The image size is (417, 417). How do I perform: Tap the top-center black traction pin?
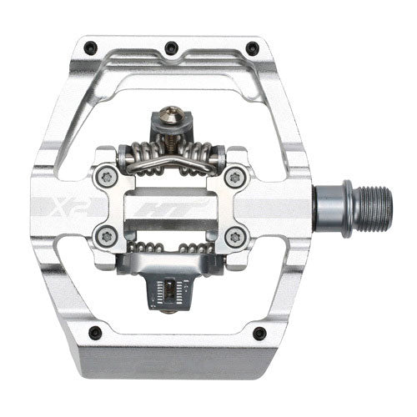click(171, 47)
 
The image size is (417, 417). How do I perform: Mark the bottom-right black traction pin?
click(259, 333)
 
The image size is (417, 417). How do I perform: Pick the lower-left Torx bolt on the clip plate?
click(104, 236)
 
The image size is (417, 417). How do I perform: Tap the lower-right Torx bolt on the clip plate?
click(236, 236)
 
